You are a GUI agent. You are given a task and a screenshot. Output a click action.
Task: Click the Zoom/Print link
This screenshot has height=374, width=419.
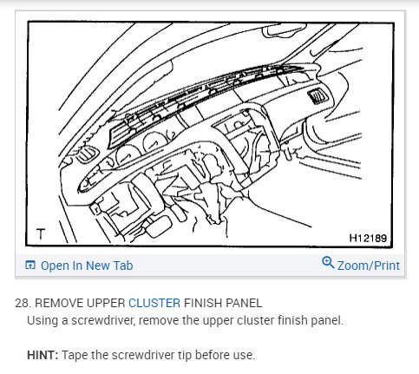coord(369,265)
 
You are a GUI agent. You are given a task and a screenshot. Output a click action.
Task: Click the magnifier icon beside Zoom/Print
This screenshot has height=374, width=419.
coord(327,264)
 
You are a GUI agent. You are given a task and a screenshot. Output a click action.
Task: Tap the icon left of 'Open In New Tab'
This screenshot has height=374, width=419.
coord(29,265)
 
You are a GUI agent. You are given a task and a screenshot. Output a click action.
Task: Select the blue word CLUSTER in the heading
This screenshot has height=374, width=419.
coord(154,303)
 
